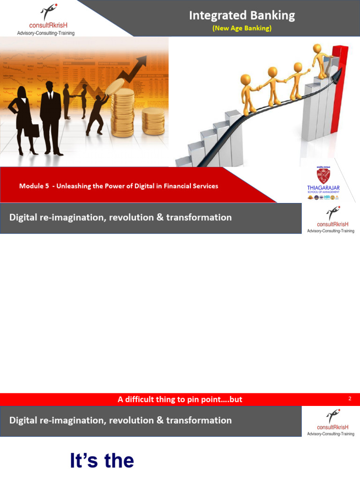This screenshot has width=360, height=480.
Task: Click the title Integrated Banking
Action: pyautogui.click(x=242, y=15)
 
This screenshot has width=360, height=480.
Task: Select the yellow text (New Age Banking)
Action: pyautogui.click(x=242, y=28)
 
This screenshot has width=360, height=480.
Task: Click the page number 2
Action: pyautogui.click(x=350, y=399)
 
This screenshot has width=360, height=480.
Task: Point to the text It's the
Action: pyautogui.click(x=102, y=461)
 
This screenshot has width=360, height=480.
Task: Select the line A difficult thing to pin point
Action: pyautogui.click(x=180, y=399)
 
